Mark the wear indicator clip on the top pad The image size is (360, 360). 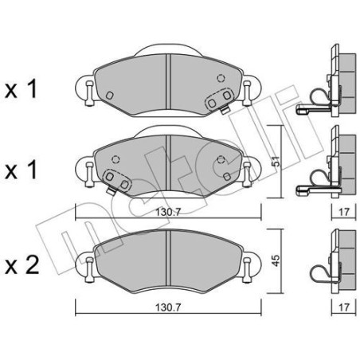coord(217,102)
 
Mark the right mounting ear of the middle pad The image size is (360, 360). coord(248,168)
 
